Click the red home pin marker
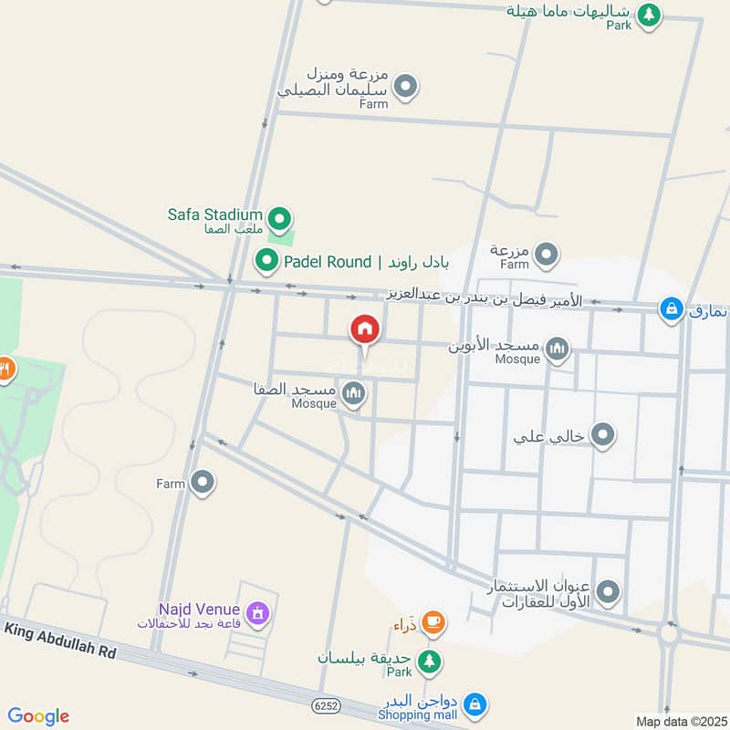click(x=365, y=329)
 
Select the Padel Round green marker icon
click(x=266, y=262)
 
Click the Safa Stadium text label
click(x=214, y=215)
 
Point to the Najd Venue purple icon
click(x=257, y=613)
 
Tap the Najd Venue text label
click(x=199, y=609)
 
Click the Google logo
click(x=38, y=716)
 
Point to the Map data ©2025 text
click(x=680, y=722)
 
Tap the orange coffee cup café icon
click(x=433, y=623)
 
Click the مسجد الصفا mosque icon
click(x=354, y=393)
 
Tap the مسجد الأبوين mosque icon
click(x=557, y=348)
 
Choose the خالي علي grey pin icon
click(x=602, y=436)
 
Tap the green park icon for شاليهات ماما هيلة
click(x=649, y=14)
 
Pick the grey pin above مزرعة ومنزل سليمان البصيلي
click(x=407, y=89)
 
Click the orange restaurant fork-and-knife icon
click(x=5, y=369)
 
